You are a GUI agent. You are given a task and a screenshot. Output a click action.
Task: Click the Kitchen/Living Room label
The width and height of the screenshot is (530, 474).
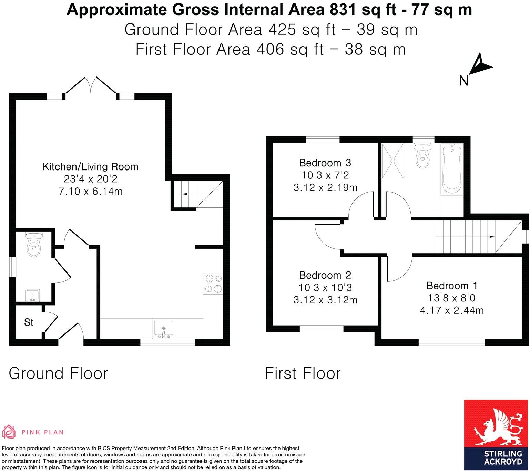pyautogui.click(x=90, y=167)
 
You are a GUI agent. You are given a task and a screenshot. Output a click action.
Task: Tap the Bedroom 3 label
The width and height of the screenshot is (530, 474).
pyautogui.click(x=325, y=163)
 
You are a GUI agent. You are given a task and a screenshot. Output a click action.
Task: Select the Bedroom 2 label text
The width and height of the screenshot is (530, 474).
pyautogui.click(x=325, y=275)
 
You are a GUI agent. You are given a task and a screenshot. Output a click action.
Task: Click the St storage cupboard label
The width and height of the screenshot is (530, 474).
pyautogui.click(x=29, y=322)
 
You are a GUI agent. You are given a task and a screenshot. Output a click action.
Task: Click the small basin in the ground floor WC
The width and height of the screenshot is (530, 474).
pyautogui.click(x=33, y=295)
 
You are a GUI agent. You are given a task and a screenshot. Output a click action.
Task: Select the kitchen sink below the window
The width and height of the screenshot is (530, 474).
pyautogui.click(x=163, y=329)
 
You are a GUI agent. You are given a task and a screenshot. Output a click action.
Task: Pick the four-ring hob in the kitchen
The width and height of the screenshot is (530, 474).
pyautogui.click(x=213, y=284)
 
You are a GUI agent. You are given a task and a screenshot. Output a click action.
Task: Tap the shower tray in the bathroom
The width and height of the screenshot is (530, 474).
pyautogui.click(x=393, y=161)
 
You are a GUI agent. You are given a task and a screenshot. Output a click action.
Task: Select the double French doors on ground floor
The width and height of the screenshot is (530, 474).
pyautogui.click(x=91, y=85)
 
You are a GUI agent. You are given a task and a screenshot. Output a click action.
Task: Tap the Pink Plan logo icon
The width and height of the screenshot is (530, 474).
pyautogui.click(x=9, y=432)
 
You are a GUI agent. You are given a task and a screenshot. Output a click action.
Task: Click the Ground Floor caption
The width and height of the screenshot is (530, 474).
pyautogui.click(x=58, y=373)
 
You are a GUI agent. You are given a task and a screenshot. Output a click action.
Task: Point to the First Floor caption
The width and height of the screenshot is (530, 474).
pyautogui.click(x=303, y=373)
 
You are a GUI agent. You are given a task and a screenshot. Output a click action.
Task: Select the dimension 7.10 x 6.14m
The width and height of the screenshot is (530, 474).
pyautogui.click(x=90, y=192)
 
